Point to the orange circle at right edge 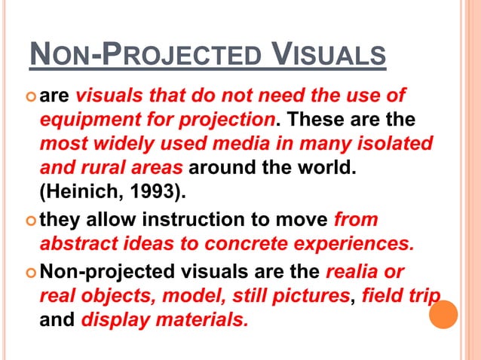[x=443, y=314]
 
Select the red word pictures [x=308, y=294]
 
